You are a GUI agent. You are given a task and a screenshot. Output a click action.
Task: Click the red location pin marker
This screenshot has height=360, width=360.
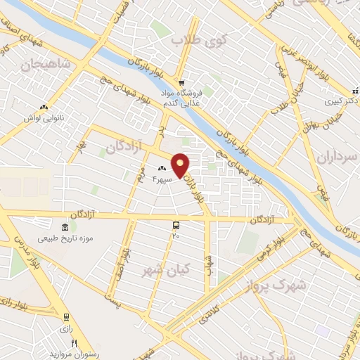181,165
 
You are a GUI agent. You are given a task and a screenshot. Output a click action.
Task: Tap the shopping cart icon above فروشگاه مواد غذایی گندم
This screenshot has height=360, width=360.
181,82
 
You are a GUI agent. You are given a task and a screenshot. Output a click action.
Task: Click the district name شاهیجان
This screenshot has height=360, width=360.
48,65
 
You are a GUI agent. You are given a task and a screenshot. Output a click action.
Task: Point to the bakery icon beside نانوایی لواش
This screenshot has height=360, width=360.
45,107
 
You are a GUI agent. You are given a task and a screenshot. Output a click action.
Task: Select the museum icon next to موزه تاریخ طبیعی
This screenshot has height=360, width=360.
65,228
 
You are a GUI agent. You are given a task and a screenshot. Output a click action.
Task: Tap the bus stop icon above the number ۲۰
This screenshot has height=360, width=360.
175,226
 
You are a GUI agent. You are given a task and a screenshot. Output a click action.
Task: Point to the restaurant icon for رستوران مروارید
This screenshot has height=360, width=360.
73,342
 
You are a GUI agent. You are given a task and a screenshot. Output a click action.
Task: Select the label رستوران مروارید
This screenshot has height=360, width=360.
78,353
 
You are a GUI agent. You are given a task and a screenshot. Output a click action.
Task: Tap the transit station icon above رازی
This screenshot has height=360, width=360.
66,317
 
